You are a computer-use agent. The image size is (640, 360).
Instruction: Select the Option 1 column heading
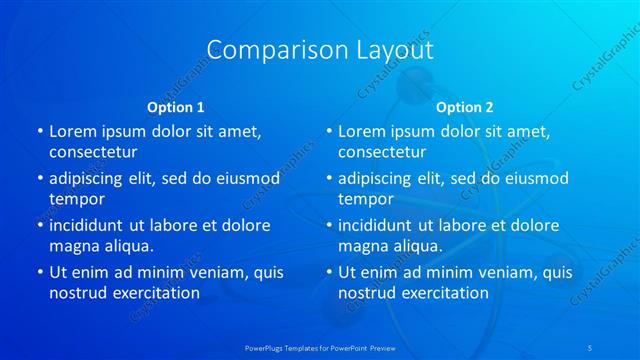[x=176, y=106]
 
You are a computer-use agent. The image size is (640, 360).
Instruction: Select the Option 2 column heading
[x=465, y=106]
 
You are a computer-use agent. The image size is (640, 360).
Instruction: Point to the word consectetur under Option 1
[x=93, y=152]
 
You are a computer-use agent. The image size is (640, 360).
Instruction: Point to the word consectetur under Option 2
[x=382, y=152]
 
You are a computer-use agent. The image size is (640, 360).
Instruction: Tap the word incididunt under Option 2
[x=380, y=225]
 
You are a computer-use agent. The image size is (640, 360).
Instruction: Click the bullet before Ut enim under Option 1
[x=39, y=272]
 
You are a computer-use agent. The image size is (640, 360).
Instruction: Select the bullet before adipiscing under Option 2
[x=328, y=178]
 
